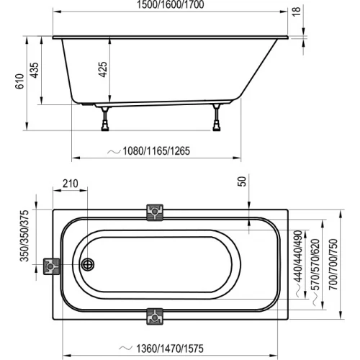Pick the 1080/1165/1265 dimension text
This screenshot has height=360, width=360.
[x=160, y=153]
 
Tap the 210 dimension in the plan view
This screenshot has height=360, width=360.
[x=70, y=184]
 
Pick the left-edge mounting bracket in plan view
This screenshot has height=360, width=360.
[x=52, y=266]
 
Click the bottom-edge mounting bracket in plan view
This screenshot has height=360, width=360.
[x=155, y=315]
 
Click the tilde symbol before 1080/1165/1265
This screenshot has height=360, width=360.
[x=114, y=153]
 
